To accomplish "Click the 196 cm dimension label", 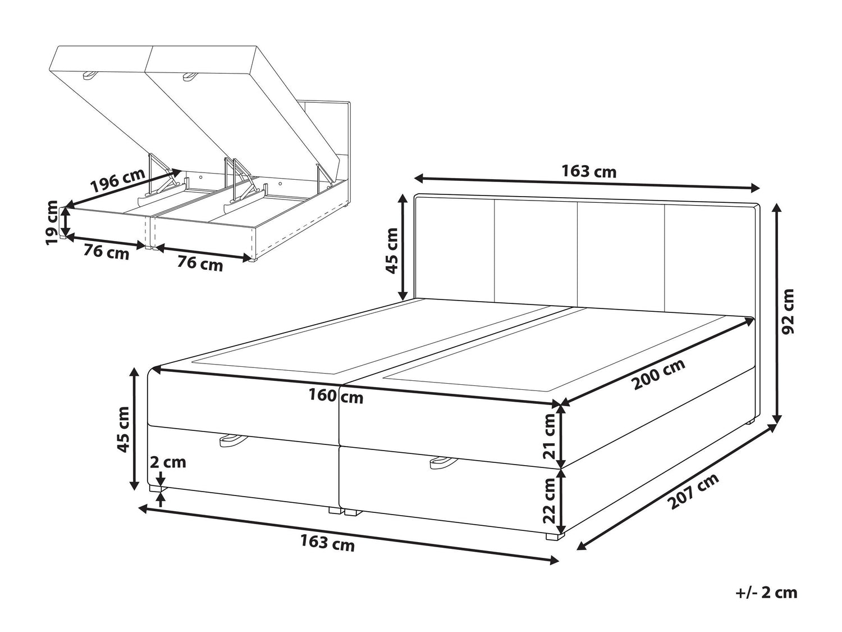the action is pos(118,180).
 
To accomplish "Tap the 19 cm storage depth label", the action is pos(52,222).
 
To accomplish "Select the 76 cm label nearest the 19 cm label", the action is pos(106,252).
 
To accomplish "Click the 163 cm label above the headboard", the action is pos(589,171).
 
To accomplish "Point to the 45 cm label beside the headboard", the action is pos(392,251).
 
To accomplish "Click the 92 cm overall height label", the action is pos(788,311).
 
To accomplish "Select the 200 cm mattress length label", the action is pos(658,374).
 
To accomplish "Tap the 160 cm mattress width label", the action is pos(336,397).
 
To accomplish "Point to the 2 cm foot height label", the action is pos(168,462).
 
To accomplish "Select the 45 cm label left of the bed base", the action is pos(123,429).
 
